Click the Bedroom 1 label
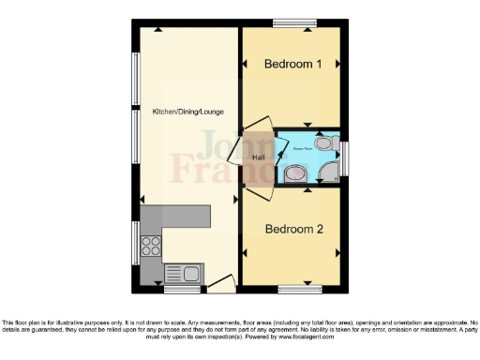point(292,65)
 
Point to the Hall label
point(258,157)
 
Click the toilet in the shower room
point(324,142)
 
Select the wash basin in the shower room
point(293,172)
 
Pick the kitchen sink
point(184,274)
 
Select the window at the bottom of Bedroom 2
point(300,288)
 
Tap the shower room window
point(345,157)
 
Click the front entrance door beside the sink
point(220,282)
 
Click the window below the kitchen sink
point(182,289)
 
